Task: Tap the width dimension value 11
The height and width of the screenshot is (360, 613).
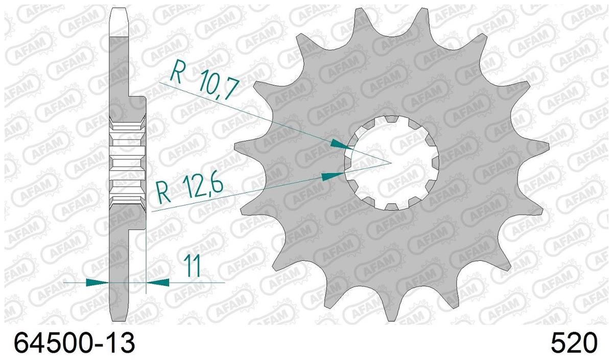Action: pyautogui.click(x=192, y=266)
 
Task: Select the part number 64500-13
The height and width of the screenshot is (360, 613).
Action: pyautogui.click(x=75, y=343)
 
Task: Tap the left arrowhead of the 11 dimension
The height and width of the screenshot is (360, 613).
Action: pyautogui.click(x=98, y=282)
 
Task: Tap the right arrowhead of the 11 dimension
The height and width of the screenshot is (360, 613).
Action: pyautogui.click(x=158, y=282)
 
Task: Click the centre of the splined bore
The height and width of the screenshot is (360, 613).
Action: pyautogui.click(x=392, y=163)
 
